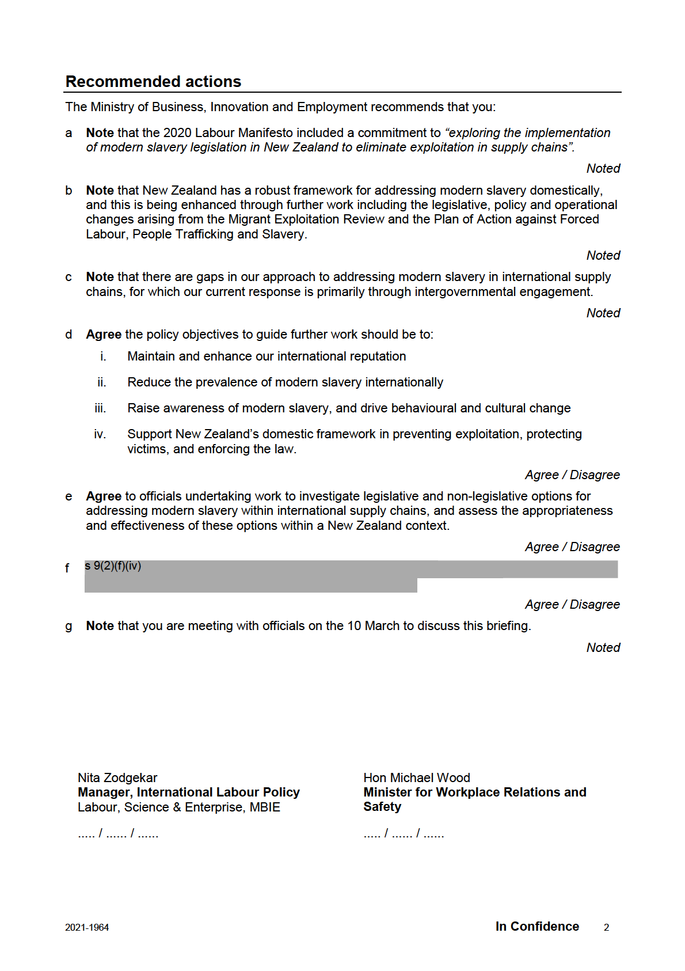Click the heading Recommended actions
tap(153, 82)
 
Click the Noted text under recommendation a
tap(603, 169)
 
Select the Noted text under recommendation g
tap(603, 648)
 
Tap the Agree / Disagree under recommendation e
tap(572, 547)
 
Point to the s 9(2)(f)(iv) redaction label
tap(113, 566)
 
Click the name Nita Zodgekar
tap(117, 778)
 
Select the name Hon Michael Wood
tap(417, 778)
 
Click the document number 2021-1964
tap(87, 927)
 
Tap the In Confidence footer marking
tap(537, 927)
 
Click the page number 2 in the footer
tap(606, 927)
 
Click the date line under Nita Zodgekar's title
tap(118, 833)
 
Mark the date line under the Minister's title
tap(404, 833)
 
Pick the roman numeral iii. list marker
tap(100, 408)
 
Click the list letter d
tap(68, 335)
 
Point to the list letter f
tap(67, 568)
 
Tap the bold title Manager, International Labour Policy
tap(189, 792)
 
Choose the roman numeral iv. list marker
tap(100, 434)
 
